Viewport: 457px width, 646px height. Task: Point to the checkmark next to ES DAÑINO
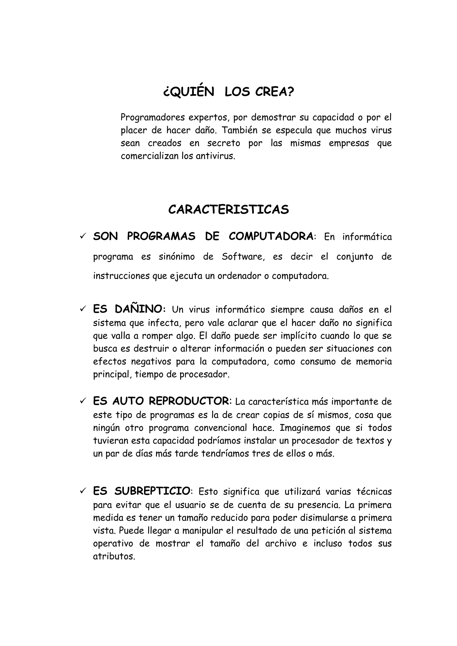(x=83, y=309)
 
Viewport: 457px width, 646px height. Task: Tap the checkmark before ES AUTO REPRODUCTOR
(x=83, y=401)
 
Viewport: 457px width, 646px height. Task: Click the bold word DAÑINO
(x=139, y=309)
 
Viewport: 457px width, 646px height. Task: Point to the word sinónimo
(x=177, y=257)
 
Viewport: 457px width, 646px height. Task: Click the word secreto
(x=224, y=143)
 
